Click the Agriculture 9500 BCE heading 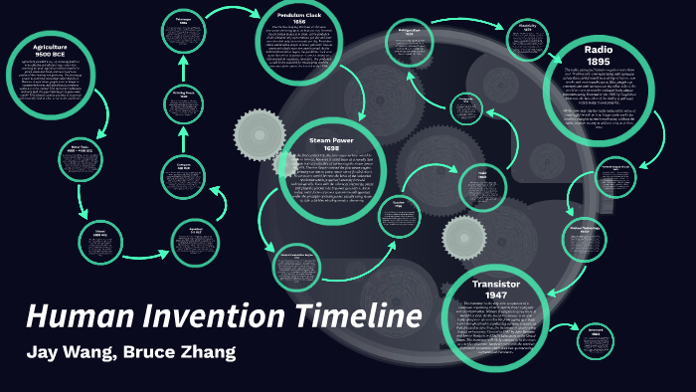tap(56, 49)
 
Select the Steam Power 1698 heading tap(331, 143)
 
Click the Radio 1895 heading tap(598, 55)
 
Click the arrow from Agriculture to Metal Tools tap(102, 119)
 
